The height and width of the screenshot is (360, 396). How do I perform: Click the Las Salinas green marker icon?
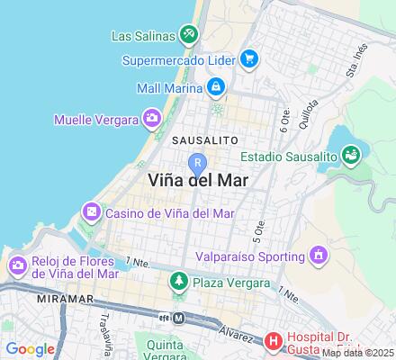coord(188,35)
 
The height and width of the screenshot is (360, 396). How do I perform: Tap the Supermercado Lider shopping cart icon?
coord(250,60)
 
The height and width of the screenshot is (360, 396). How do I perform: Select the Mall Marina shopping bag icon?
coord(216,87)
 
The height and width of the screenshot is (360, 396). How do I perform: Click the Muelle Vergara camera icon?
coord(152,118)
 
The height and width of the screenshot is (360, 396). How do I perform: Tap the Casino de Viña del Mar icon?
coord(91,213)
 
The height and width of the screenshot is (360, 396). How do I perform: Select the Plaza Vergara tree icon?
coord(179,282)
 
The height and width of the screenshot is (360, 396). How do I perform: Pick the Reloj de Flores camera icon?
coord(17,265)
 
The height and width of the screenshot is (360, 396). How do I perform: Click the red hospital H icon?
coord(274,341)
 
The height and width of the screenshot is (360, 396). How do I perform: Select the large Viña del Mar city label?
coord(197,179)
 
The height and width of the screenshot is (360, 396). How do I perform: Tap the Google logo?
coord(30,348)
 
